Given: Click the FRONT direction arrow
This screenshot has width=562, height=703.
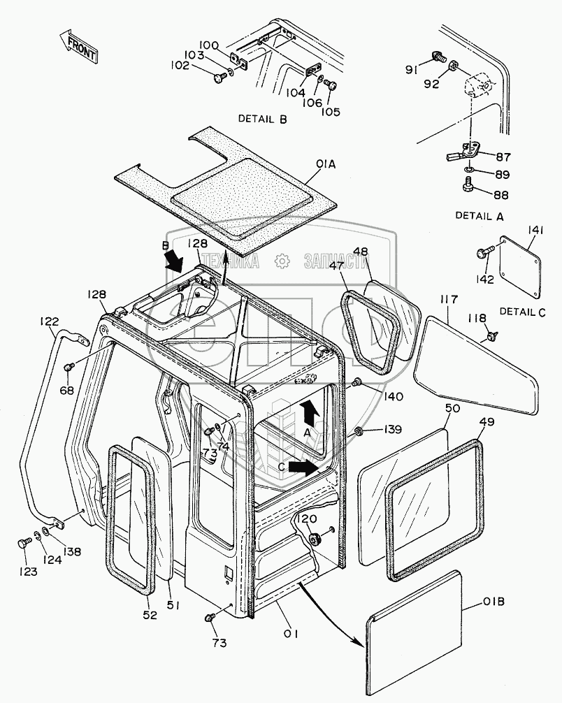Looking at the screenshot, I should pyautogui.click(x=78, y=45).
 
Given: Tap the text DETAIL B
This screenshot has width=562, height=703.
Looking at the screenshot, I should pyautogui.click(x=262, y=119).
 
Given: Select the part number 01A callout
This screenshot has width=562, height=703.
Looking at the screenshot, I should pyautogui.click(x=326, y=165).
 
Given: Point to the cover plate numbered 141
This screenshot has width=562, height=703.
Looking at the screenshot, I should pyautogui.click(x=522, y=266).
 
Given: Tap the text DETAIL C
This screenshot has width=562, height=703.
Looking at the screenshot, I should pyautogui.click(x=521, y=312).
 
